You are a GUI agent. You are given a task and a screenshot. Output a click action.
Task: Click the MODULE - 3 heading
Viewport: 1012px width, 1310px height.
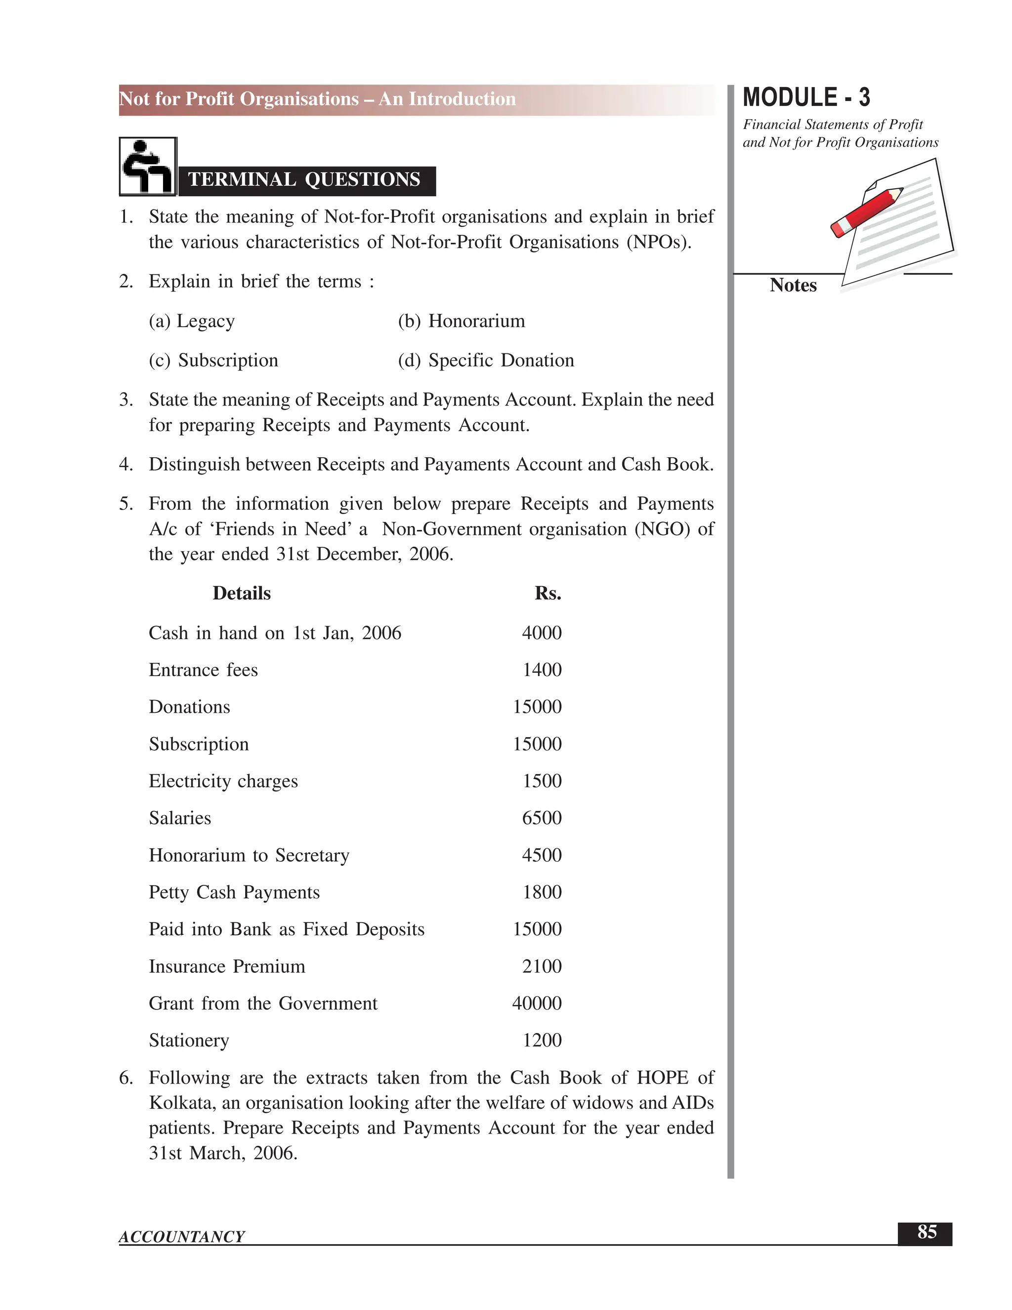[x=806, y=98]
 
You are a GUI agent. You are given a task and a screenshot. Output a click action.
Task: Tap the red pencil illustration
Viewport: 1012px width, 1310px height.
[x=866, y=211]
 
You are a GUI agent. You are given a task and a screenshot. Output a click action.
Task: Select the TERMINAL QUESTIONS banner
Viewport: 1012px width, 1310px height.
[x=304, y=180]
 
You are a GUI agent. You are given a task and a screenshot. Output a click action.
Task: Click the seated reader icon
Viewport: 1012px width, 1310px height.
[x=147, y=166]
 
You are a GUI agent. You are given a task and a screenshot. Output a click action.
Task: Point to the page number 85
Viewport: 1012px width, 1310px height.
[x=927, y=1231]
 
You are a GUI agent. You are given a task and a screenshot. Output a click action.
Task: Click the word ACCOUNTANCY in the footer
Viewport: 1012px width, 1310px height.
[x=182, y=1236]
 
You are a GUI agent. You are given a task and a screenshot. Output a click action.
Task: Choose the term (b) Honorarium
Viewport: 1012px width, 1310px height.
[x=461, y=321]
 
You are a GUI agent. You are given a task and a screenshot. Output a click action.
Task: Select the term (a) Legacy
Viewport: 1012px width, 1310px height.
[x=192, y=321]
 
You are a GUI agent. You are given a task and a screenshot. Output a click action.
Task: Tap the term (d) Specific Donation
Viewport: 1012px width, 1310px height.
[x=486, y=360]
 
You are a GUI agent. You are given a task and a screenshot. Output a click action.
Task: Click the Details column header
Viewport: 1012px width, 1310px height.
[x=242, y=593]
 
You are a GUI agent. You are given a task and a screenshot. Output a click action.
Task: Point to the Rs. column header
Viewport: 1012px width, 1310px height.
[x=548, y=593]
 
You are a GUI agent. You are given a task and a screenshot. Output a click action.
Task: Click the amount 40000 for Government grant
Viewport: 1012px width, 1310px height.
[x=537, y=1004]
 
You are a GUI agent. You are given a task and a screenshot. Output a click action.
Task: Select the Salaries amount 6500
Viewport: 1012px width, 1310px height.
[x=542, y=818]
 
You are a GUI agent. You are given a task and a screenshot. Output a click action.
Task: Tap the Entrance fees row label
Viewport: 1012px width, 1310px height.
[x=203, y=670]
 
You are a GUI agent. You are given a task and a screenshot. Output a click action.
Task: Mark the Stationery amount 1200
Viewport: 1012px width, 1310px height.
[x=542, y=1041]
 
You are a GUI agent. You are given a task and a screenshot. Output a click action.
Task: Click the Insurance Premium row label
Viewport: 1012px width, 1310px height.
[x=227, y=966]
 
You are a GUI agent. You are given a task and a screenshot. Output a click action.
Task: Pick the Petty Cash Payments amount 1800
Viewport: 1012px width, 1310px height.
[x=542, y=892]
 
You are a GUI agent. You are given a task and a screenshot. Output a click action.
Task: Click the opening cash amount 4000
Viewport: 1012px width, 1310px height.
[x=542, y=633]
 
